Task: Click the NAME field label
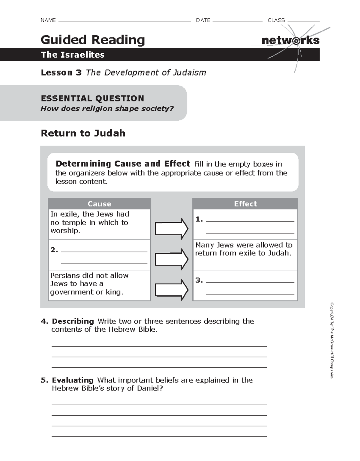pyautogui.click(x=48, y=20)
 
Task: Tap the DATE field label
pyautogui.click(x=203, y=20)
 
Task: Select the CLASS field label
pyautogui.click(x=276, y=20)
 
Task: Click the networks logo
pyautogui.click(x=290, y=41)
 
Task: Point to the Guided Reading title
pyautogui.click(x=93, y=40)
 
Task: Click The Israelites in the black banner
pyautogui.click(x=73, y=55)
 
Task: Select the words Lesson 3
pyautogui.click(x=61, y=73)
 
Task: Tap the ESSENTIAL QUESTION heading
pyautogui.click(x=92, y=98)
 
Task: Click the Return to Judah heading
pyautogui.click(x=83, y=133)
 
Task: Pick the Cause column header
pyautogui.click(x=99, y=204)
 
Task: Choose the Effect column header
pyautogui.click(x=245, y=204)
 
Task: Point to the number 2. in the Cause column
pyautogui.click(x=54, y=250)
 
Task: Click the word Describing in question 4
pyautogui.click(x=73, y=321)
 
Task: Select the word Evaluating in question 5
pyautogui.click(x=73, y=380)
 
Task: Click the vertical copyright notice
pyautogui.click(x=332, y=341)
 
